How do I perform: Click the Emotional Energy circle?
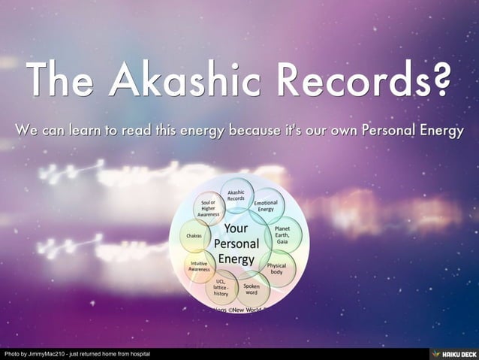tap(267, 206)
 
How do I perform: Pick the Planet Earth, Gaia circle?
tap(283, 232)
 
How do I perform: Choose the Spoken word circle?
tap(252, 289)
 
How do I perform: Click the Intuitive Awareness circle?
tap(200, 265)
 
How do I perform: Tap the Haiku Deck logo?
tap(452, 353)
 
